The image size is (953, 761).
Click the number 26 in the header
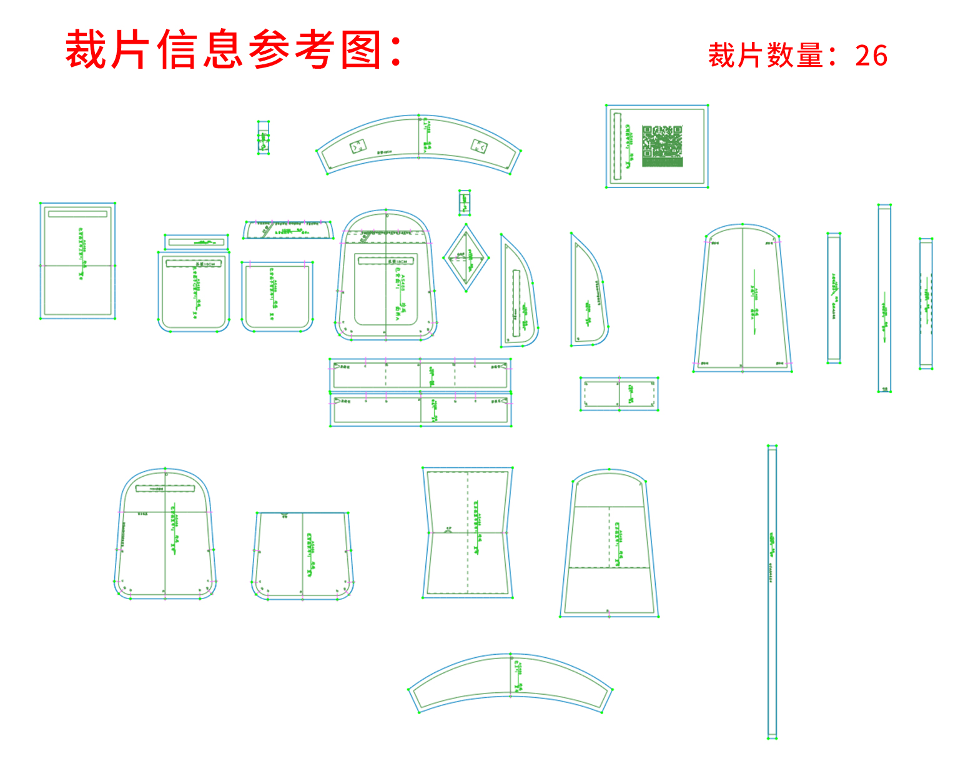[x=871, y=56]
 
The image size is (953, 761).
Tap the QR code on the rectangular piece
[x=662, y=146]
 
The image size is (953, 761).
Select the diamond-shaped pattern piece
[x=466, y=257]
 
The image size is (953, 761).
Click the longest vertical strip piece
[x=773, y=592]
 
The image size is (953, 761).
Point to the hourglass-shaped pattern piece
[x=468, y=532]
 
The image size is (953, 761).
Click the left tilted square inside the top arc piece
[x=358, y=147]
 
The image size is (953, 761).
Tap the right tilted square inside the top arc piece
[x=479, y=146]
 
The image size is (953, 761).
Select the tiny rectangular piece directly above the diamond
[x=464, y=202]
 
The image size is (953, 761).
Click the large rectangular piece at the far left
[x=78, y=261]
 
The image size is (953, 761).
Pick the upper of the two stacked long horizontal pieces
[x=420, y=374]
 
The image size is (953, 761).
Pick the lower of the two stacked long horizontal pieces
[x=420, y=409]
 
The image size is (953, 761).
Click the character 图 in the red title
[x=361, y=49]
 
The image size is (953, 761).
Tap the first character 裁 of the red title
[x=86, y=49]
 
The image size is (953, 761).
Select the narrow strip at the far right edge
[x=926, y=304]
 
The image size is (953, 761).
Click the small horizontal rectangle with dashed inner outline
[x=619, y=394]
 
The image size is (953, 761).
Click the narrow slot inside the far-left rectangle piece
[x=78, y=214]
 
